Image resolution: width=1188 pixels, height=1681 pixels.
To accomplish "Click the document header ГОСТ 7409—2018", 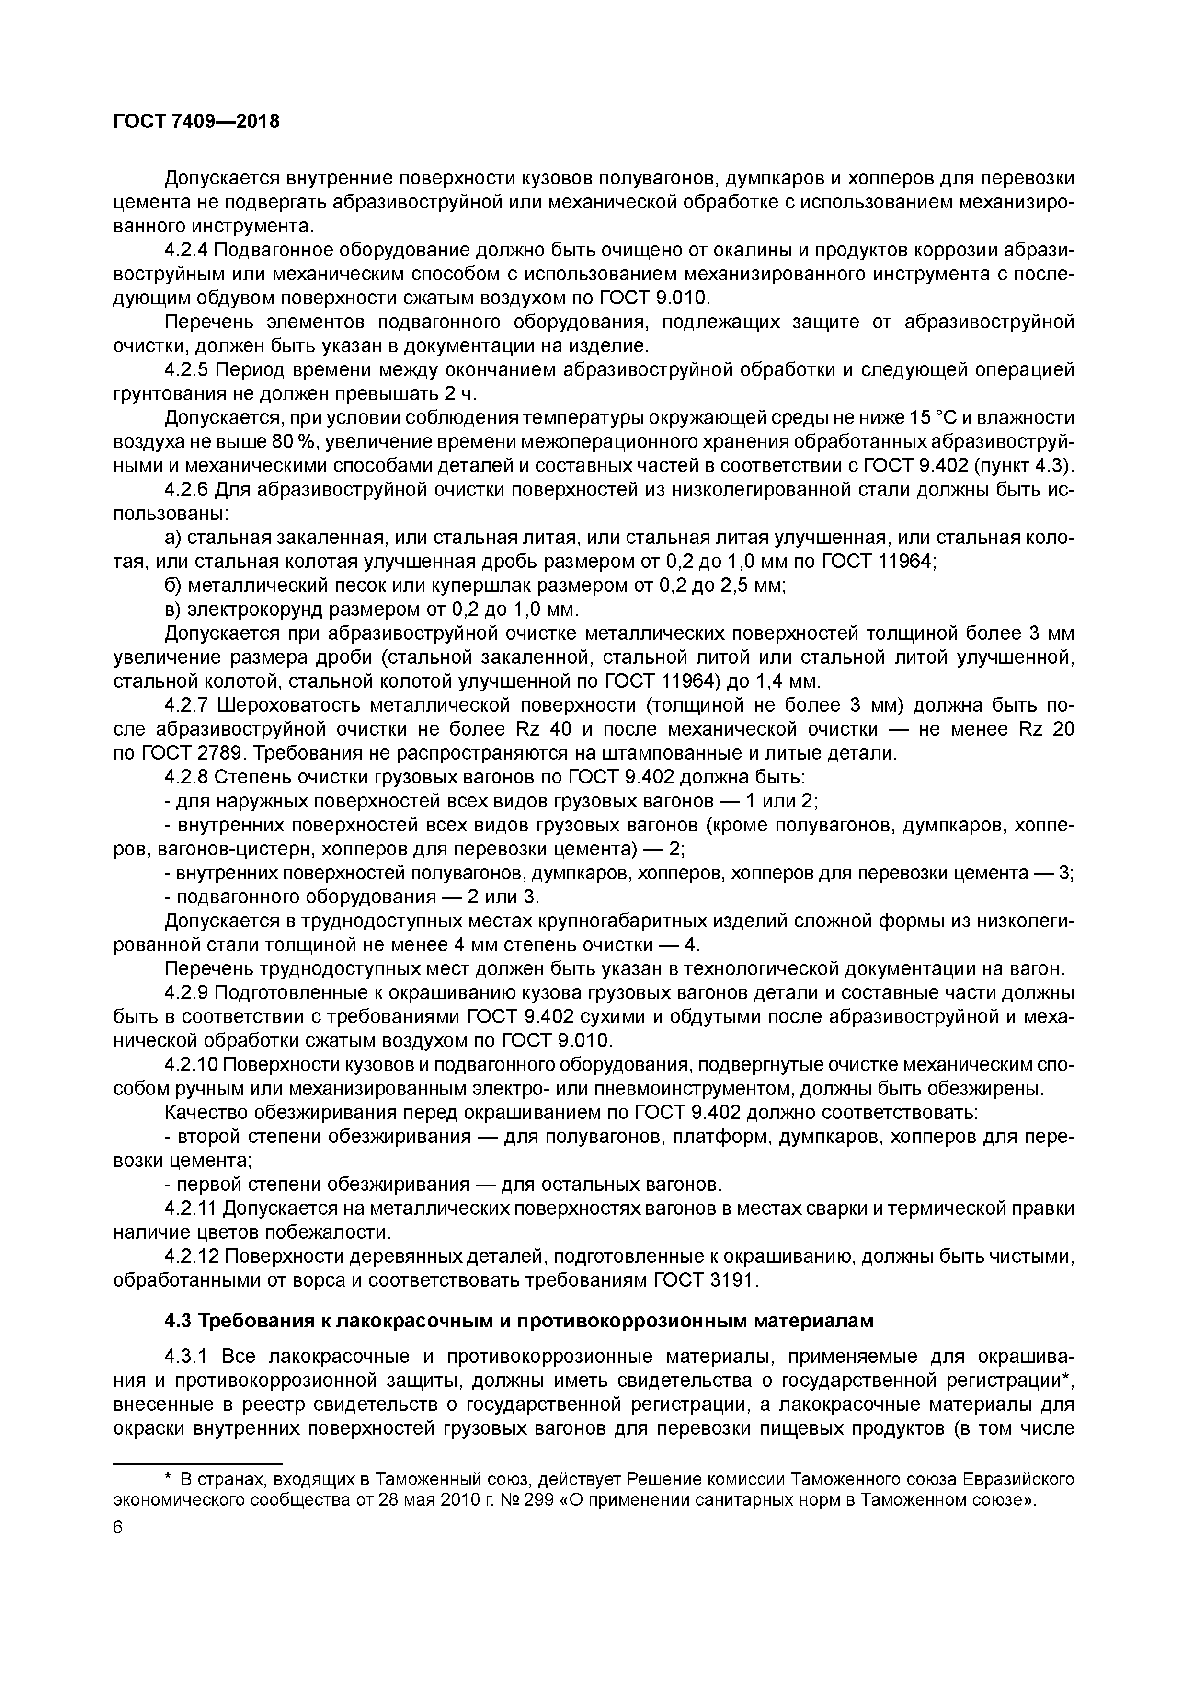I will click(x=196, y=122).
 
